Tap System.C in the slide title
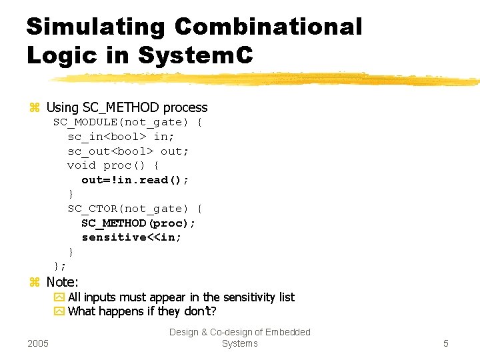195,55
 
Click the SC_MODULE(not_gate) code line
128,122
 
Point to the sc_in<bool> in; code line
121,137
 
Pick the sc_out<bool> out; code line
128,151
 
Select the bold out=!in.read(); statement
135,180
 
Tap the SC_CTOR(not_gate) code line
135,209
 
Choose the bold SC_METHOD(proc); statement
139,223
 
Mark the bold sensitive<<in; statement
131,237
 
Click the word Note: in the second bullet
62,282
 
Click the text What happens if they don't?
142,311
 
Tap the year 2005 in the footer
38,343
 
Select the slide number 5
446,343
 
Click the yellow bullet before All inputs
59,297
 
